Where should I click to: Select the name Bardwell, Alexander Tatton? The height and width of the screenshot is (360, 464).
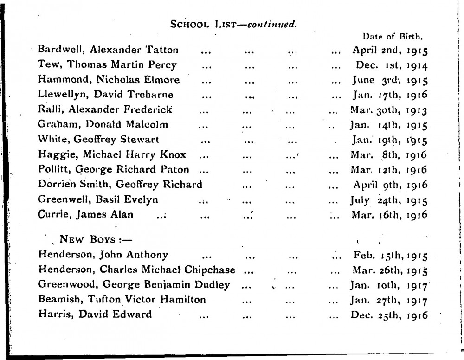click(x=108, y=49)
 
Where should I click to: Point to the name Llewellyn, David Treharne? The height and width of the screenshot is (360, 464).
click(x=106, y=95)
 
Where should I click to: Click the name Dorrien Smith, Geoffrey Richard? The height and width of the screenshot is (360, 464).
click(x=120, y=185)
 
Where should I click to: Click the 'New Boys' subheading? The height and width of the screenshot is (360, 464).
click(x=87, y=241)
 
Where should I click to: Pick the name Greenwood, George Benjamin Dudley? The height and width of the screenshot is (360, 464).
click(x=134, y=285)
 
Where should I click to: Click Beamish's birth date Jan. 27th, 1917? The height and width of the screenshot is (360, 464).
click(x=389, y=300)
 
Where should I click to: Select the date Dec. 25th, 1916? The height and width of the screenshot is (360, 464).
click(x=389, y=315)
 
